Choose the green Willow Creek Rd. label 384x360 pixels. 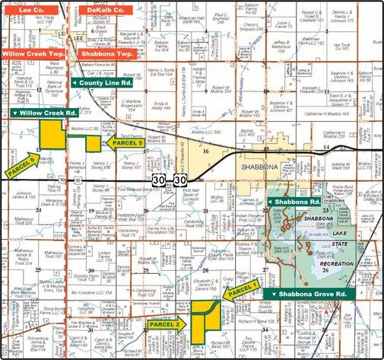pos(45,113)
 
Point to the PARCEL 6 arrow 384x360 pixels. pos(22,164)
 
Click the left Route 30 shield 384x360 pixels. pos(158,180)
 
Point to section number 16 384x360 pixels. pos(205,152)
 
